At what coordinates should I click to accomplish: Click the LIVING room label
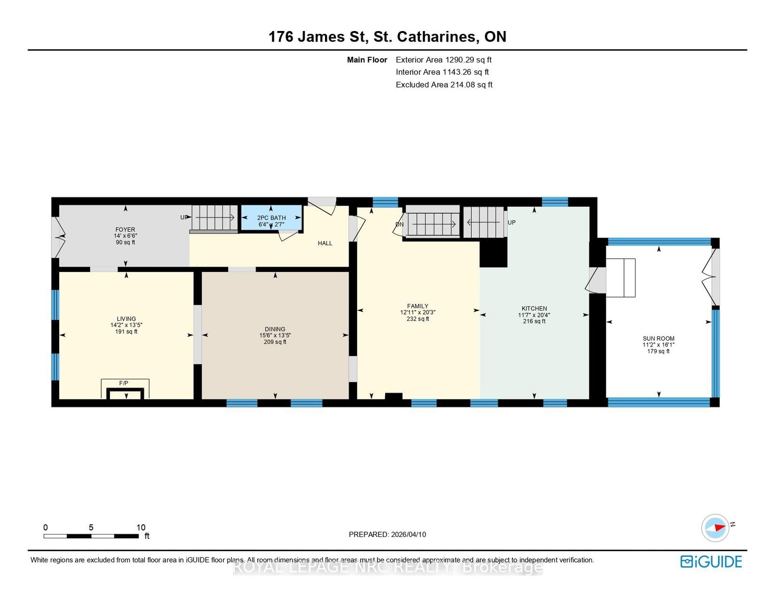pos(126,319)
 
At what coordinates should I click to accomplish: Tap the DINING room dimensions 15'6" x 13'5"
pos(275,335)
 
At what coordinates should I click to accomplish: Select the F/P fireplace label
pos(124,383)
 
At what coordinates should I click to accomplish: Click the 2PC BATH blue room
pos(271,218)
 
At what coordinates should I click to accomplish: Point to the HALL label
pos(325,243)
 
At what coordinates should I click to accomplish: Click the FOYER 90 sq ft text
pos(125,242)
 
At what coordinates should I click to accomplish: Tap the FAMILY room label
pos(418,306)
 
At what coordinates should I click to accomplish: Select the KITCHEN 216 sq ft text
pos(534,321)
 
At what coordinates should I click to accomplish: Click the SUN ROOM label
pos(658,339)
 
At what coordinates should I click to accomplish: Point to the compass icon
pos(715,528)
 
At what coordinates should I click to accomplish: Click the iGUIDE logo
pos(711,562)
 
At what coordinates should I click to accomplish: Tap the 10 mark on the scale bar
pos(140,528)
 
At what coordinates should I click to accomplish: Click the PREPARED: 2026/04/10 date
pos(387,535)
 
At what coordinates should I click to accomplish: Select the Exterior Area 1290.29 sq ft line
pos(443,60)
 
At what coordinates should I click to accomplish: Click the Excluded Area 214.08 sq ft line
pos(444,85)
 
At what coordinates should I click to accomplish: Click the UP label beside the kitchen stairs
pos(511,222)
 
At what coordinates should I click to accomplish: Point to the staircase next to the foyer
pos(214,218)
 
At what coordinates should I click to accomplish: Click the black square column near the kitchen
pos(493,253)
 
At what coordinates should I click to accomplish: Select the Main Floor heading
pos(367,60)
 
